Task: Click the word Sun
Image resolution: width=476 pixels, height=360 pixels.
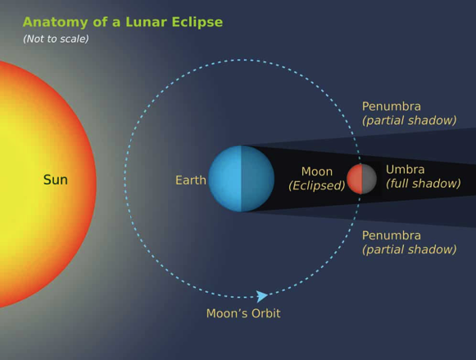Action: [x=56, y=180]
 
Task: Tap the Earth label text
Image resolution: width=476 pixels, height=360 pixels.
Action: [x=191, y=180]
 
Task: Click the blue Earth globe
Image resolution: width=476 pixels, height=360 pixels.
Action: [x=242, y=179]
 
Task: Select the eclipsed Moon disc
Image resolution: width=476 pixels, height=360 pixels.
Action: [x=361, y=179]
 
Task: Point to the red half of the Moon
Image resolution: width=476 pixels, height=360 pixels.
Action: [x=355, y=179]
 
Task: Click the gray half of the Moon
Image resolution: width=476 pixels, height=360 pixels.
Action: [x=369, y=179]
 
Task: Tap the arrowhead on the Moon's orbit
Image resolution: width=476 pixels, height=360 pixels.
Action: [x=261, y=296]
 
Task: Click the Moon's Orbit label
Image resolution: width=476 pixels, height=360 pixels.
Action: [x=243, y=313]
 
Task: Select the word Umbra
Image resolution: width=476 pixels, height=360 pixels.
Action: [x=405, y=169]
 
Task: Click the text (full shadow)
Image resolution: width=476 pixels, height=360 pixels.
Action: [x=424, y=183]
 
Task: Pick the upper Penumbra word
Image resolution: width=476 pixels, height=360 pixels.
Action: [x=392, y=107]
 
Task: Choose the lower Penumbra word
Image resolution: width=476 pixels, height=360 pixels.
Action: [x=392, y=235]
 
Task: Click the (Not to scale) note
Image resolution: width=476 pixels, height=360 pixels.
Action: [x=56, y=39]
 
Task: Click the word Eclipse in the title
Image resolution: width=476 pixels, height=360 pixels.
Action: [x=197, y=22]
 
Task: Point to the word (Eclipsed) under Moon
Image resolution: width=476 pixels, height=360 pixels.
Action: [x=316, y=185]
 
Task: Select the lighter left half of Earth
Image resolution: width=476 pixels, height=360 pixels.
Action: [x=224, y=179]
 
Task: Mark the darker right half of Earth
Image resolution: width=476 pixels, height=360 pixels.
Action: [x=258, y=179]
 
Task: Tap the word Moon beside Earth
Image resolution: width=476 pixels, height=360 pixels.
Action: [x=317, y=171]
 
